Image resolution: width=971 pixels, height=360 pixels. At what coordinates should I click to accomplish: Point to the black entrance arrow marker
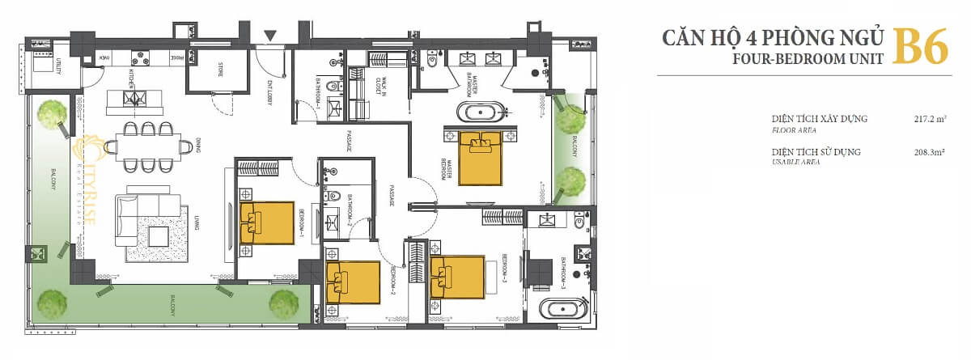pyautogui.click(x=271, y=36)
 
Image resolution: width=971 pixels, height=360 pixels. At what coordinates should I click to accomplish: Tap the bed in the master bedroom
pyautogui.click(x=481, y=157)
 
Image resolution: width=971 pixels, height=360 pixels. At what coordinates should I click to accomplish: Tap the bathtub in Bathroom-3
pyautogui.click(x=562, y=308)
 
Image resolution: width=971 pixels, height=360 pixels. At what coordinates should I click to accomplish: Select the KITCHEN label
pyautogui.click(x=129, y=78)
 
